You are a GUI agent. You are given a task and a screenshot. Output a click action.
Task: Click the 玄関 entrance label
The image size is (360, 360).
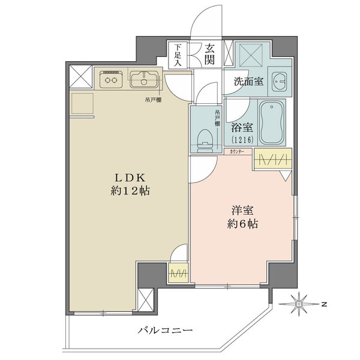pos(209,54)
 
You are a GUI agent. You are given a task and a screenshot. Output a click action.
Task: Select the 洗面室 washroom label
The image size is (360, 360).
pos(248,81)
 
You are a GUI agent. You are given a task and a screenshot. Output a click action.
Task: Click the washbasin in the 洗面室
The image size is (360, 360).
pos(279,82)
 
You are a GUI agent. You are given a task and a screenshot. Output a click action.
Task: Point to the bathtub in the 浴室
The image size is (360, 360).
pos(272,122)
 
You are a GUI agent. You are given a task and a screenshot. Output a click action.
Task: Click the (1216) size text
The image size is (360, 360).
pos(242,139)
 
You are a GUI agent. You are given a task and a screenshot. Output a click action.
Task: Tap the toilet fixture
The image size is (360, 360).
pos(205,141)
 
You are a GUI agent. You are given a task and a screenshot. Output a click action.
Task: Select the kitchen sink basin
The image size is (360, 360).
pos(144,79)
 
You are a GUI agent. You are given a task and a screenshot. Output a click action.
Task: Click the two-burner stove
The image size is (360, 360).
pos(111,79)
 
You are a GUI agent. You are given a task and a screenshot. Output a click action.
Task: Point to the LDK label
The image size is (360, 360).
pos(130,178)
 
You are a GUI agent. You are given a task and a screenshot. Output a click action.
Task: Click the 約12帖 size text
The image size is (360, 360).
pos(130,191)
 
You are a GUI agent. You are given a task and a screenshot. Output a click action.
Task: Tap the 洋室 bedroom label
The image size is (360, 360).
pos(242,211)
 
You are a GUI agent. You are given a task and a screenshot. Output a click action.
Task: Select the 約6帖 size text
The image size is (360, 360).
pos(242,224)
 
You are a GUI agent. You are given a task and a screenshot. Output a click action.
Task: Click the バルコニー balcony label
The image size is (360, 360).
pos(165,331)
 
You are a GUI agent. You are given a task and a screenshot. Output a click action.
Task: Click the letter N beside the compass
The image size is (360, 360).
pos(324,305)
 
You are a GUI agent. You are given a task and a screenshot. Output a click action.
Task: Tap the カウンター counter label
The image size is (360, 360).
pos(238,152)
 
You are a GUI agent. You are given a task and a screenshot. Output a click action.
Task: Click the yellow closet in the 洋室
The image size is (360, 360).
pos(273,159)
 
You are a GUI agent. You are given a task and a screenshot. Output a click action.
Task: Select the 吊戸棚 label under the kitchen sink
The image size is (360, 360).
pos(153,100)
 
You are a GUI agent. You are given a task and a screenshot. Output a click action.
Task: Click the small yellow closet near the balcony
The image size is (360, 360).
pos(178,273)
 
